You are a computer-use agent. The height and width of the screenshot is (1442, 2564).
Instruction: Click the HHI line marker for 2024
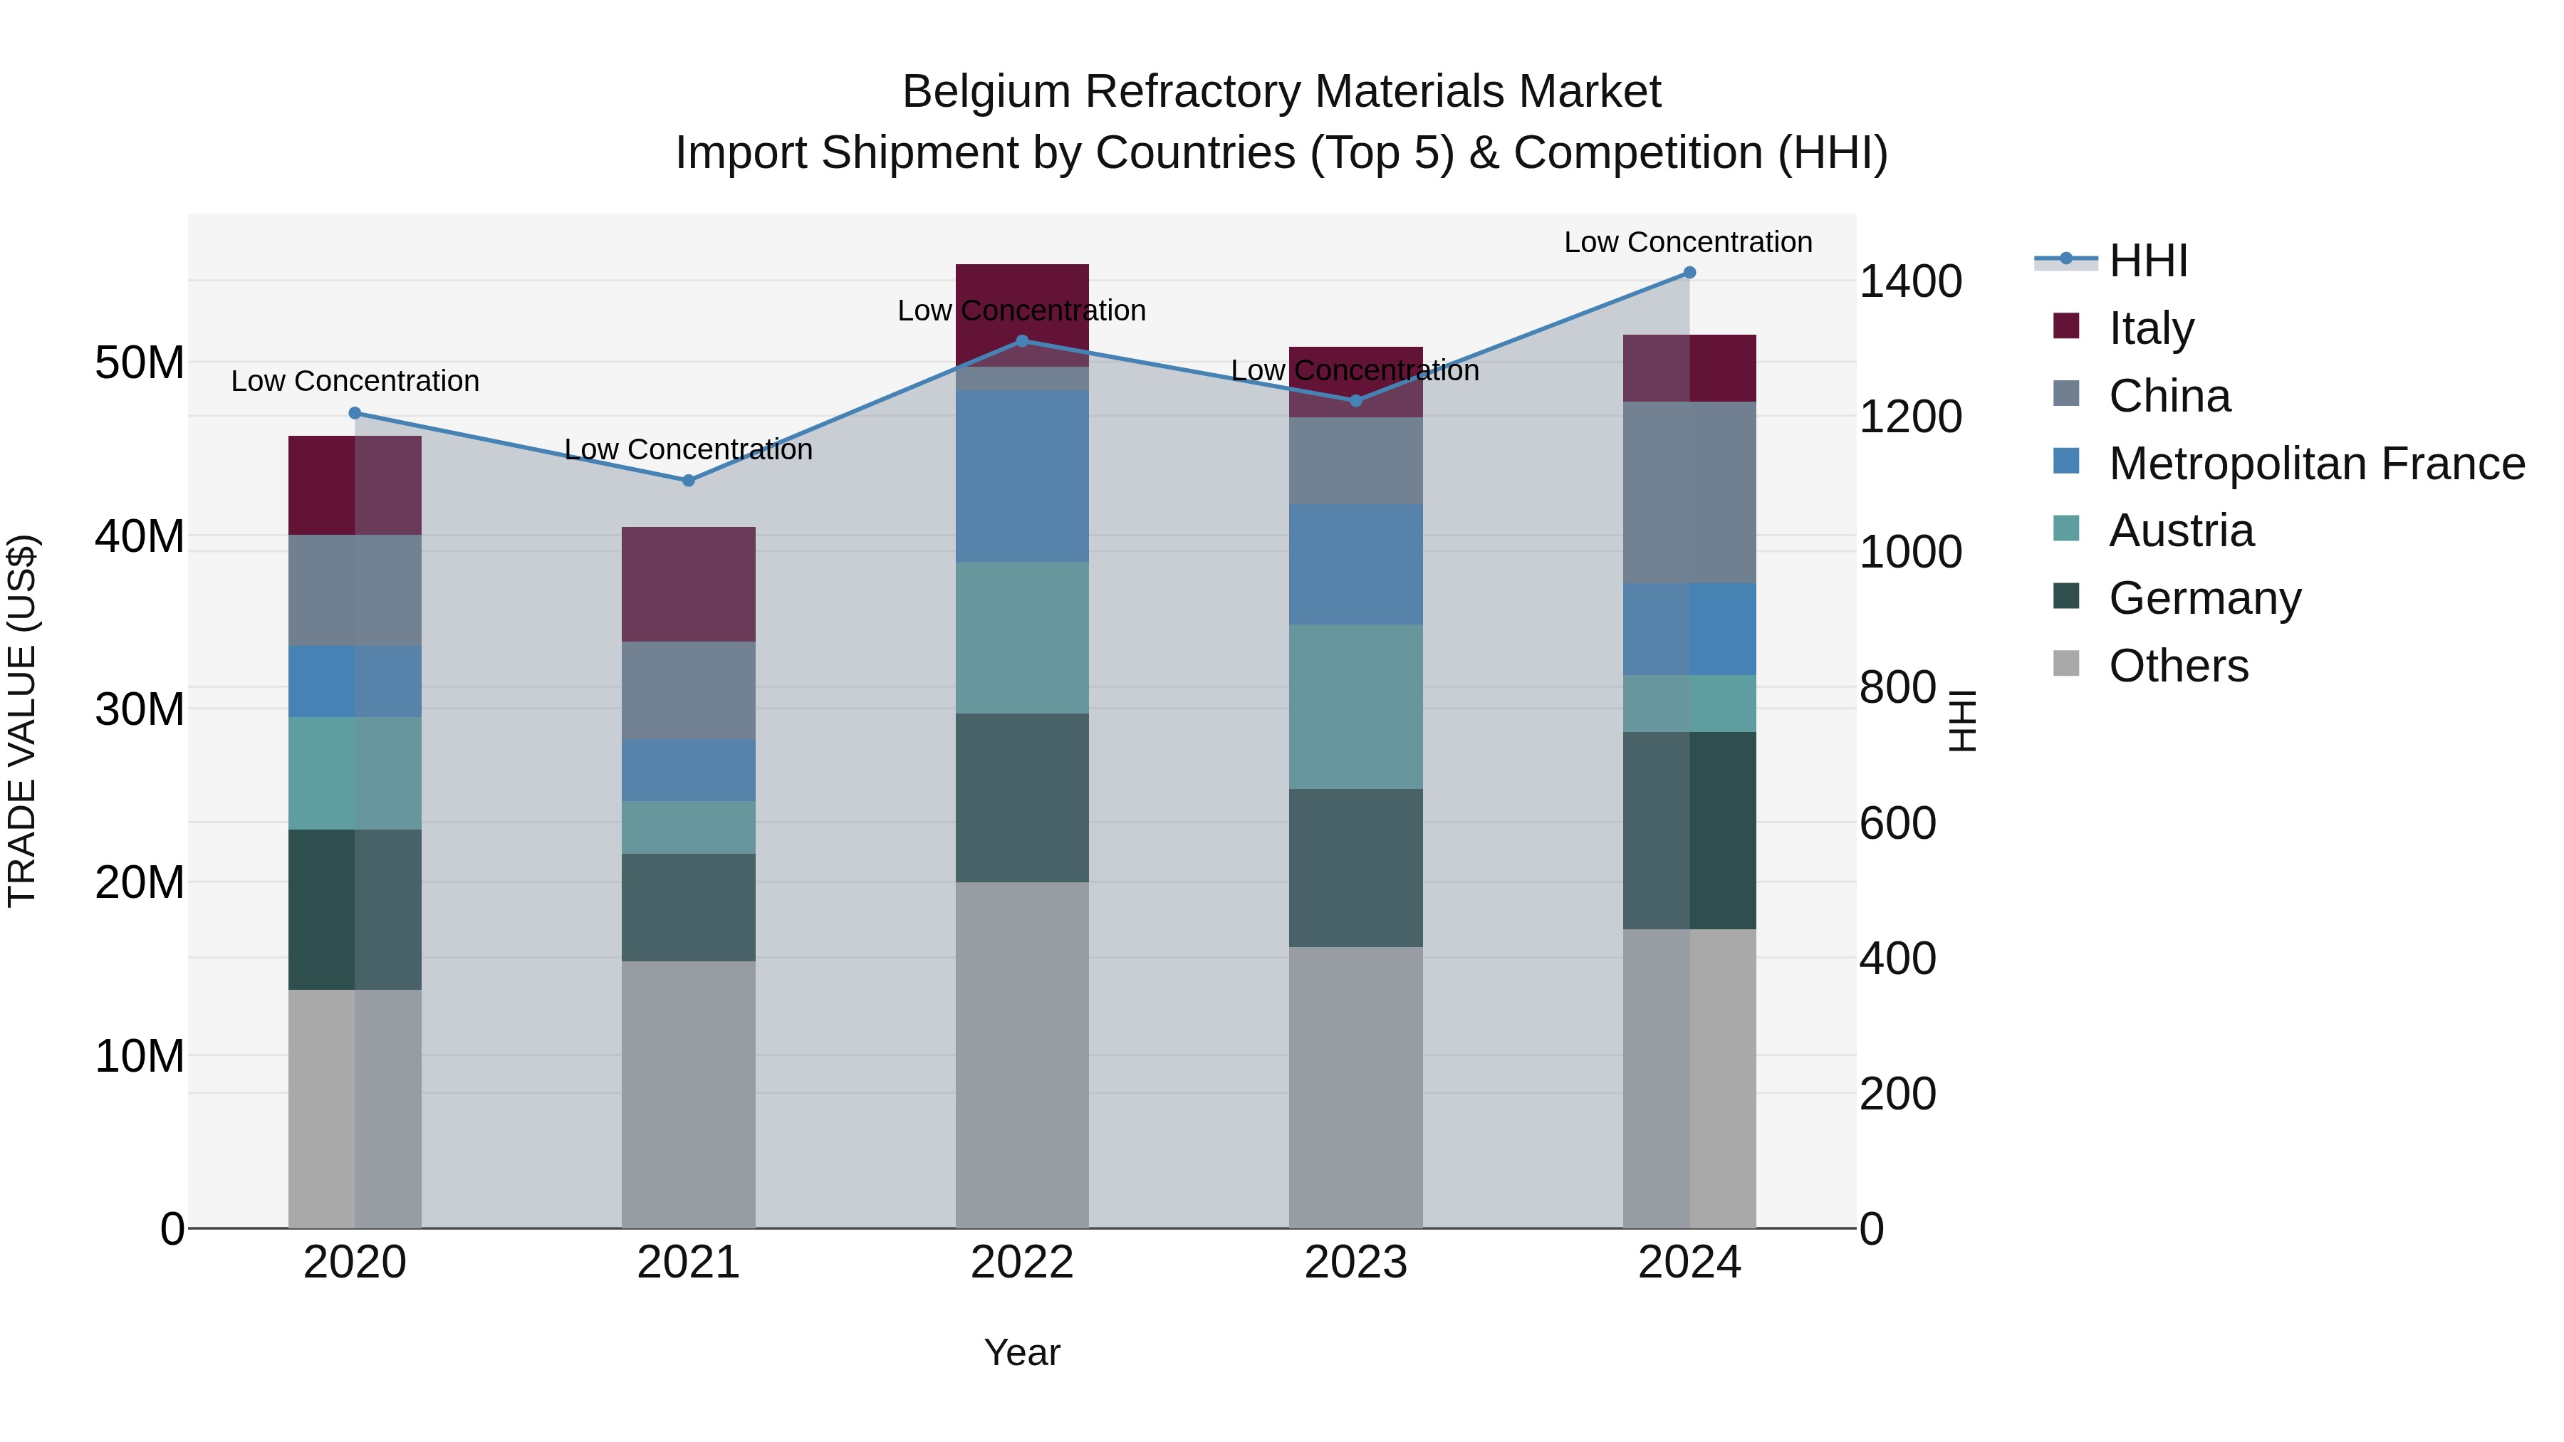coord(1689,273)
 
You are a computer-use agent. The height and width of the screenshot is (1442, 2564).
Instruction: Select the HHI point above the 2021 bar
coord(688,481)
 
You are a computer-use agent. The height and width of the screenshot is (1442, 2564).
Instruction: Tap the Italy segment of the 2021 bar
coord(688,584)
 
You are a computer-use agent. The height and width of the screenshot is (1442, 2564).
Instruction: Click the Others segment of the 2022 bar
coord(1021,1055)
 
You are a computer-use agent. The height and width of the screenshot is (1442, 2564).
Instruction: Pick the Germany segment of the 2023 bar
coord(1355,868)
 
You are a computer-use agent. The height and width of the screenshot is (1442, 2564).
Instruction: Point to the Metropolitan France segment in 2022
coord(1021,476)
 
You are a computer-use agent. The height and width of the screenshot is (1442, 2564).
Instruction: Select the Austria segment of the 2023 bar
coord(1355,706)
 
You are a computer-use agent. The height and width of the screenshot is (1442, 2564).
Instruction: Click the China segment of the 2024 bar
coord(1689,493)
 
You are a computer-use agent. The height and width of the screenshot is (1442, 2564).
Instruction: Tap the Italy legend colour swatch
coord(2066,326)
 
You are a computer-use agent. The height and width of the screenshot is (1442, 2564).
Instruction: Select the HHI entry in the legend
coord(2148,261)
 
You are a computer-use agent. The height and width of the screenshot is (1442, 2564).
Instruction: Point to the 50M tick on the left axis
coord(140,363)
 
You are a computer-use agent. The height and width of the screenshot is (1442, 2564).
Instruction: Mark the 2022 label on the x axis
coord(1021,1263)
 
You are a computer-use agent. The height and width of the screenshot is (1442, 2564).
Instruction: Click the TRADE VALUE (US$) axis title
coord(22,721)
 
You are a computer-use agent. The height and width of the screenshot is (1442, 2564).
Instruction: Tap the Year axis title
coord(1021,1352)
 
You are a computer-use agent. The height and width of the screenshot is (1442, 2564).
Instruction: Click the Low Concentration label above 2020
coord(355,381)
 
